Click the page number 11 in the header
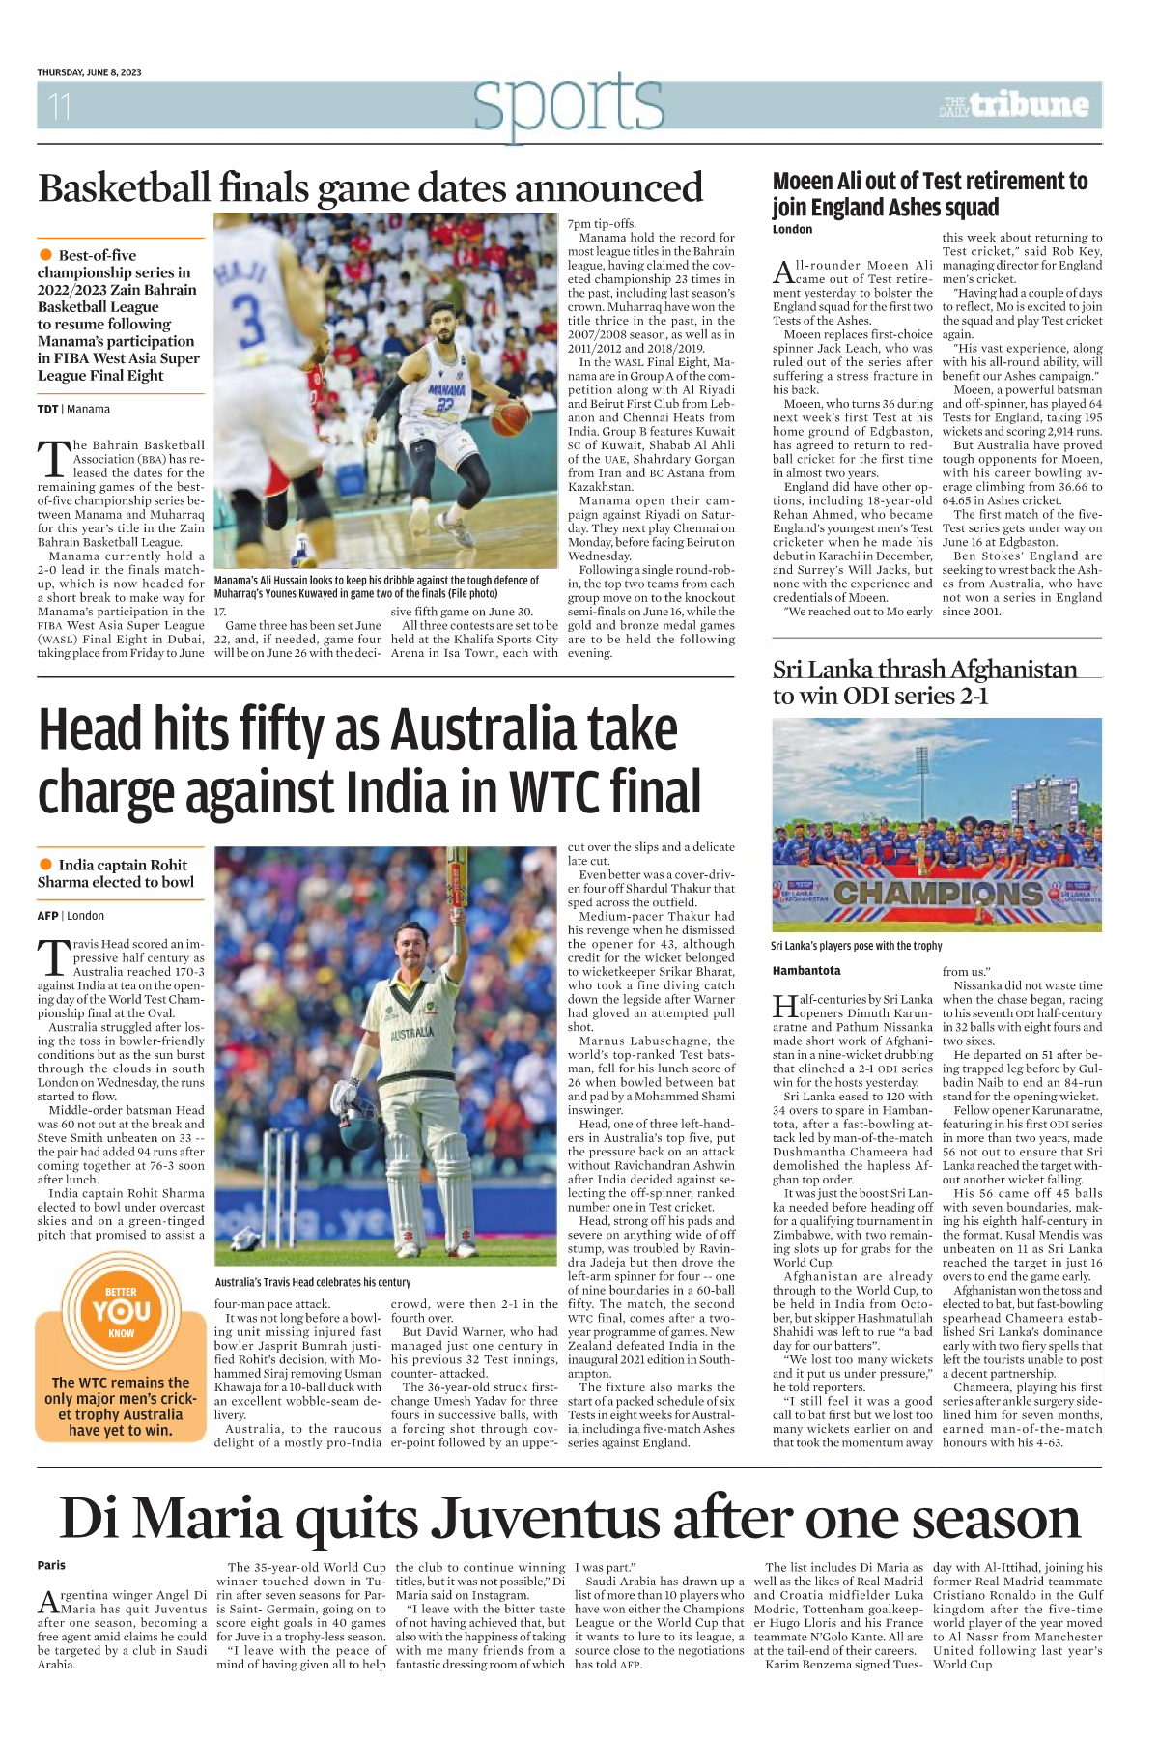(60, 105)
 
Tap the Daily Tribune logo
(1014, 104)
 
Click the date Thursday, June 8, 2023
(89, 72)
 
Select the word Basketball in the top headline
(124, 187)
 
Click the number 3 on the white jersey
(250, 320)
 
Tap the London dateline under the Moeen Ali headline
(792, 230)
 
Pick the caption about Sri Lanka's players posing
(856, 946)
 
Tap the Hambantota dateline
(806, 970)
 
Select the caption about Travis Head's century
(313, 1282)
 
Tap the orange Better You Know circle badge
(121, 1311)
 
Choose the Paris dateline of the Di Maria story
(52, 1565)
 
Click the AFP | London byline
(71, 916)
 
